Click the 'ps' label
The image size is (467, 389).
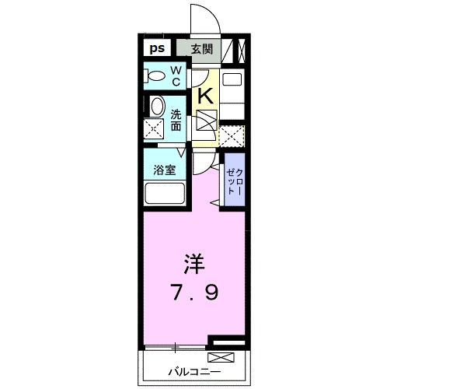pyautogui.click(x=156, y=48)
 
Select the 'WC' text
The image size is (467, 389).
pyautogui.click(x=176, y=76)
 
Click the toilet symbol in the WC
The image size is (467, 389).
pyautogui.click(x=155, y=76)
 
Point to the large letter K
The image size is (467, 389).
pyautogui.click(x=205, y=96)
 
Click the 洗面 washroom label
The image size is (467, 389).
pyautogui.click(x=176, y=119)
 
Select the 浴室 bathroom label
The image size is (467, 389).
pyautogui.click(x=163, y=170)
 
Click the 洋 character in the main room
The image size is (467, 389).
pyautogui.click(x=194, y=265)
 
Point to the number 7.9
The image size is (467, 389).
pyautogui.click(x=194, y=294)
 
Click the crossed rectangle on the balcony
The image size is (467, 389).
pyautogui.click(x=221, y=359)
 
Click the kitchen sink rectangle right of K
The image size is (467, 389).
pyautogui.click(x=232, y=79)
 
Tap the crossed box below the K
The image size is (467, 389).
pyautogui.click(x=207, y=121)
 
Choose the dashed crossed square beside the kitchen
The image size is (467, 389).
pyautogui.click(x=231, y=136)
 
